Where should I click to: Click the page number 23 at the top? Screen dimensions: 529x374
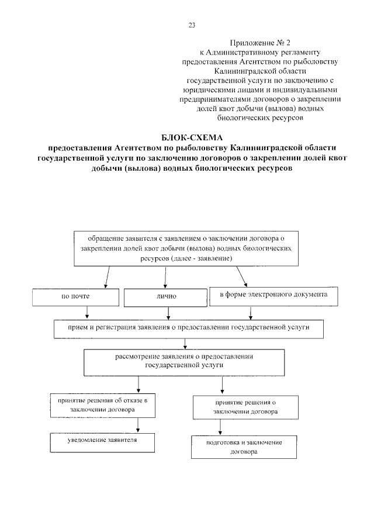pyautogui.click(x=192, y=25)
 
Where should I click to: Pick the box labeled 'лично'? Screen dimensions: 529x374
pyautogui.click(x=166, y=296)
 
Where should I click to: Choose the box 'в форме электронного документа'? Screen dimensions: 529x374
pyautogui.click(x=273, y=295)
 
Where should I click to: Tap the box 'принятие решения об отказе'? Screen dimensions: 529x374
pyautogui.click(x=102, y=405)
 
